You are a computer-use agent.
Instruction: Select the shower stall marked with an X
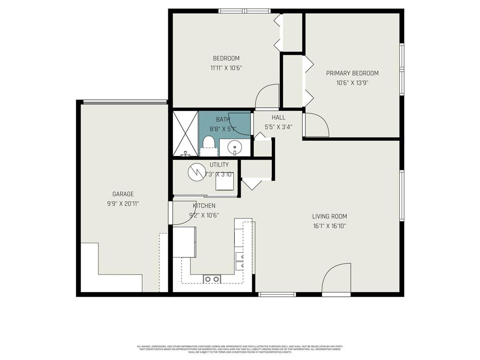click(x=185, y=133)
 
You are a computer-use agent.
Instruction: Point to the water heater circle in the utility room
click(x=196, y=172)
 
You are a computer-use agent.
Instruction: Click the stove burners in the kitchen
click(x=212, y=279)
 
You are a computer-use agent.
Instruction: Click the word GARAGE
click(x=123, y=194)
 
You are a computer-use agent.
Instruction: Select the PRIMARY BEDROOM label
click(x=352, y=73)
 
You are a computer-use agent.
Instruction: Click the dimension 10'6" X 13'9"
click(x=352, y=82)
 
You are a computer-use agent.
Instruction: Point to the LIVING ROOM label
click(x=330, y=217)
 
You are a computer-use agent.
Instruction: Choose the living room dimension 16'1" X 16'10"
click(x=330, y=226)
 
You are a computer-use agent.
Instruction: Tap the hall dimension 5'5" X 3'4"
click(x=278, y=126)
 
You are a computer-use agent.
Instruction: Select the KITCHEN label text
click(x=204, y=206)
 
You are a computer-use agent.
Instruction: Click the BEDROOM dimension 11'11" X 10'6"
click(x=226, y=67)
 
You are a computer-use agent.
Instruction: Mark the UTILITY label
click(x=219, y=165)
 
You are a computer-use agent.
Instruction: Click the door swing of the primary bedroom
click(x=317, y=124)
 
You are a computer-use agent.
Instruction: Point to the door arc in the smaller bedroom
click(x=267, y=96)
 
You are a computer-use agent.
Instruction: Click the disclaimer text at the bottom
click(x=240, y=349)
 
